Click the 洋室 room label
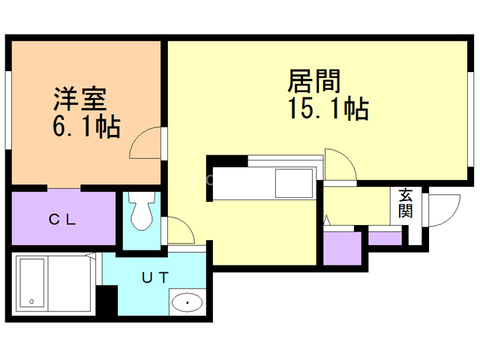click(x=79, y=98)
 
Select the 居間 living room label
click(x=314, y=80)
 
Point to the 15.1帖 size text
click(x=326, y=109)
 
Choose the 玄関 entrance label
click(x=405, y=202)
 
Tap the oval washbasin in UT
click(x=186, y=304)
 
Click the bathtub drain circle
click(x=31, y=301)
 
